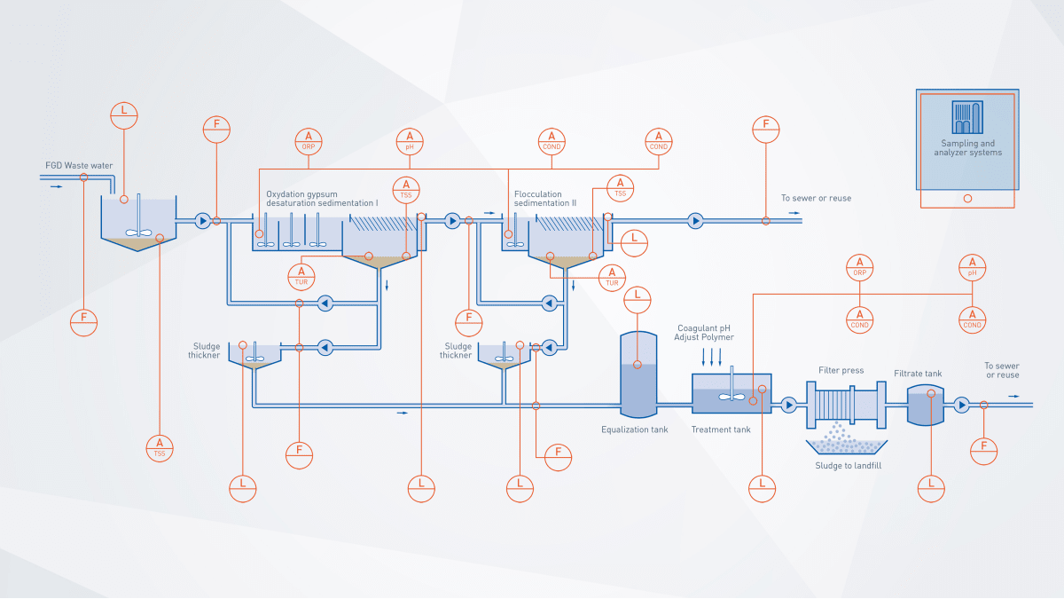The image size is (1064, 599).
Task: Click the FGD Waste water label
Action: pyautogui.click(x=79, y=165)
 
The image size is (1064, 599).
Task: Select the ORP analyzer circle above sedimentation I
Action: pyautogui.click(x=309, y=142)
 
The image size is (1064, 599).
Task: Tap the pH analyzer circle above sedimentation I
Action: pyautogui.click(x=409, y=142)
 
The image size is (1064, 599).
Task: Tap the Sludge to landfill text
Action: pyautogui.click(x=849, y=465)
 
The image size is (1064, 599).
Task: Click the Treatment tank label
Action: pyautogui.click(x=721, y=430)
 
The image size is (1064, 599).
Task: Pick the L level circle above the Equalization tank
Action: pyautogui.click(x=638, y=299)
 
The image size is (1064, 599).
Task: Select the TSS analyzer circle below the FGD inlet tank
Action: pyautogui.click(x=160, y=447)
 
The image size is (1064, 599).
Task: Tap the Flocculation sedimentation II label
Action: pyautogui.click(x=545, y=198)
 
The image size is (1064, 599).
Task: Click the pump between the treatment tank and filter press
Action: pyautogui.click(x=788, y=406)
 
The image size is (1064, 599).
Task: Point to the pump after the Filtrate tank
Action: pyautogui.click(x=962, y=406)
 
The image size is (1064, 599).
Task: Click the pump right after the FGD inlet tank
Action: pyautogui.click(x=202, y=220)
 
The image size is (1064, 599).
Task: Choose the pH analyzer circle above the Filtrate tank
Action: pyautogui.click(x=973, y=266)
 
